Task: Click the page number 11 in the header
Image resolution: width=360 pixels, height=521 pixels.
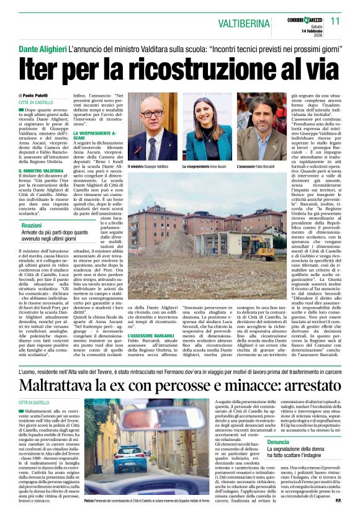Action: click(x=335, y=20)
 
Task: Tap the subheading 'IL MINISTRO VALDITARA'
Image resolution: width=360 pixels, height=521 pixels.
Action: click(x=41, y=170)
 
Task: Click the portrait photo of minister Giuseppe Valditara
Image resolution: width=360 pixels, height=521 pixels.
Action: click(x=152, y=128)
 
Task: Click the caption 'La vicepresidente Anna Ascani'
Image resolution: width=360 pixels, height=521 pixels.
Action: click(x=204, y=167)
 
